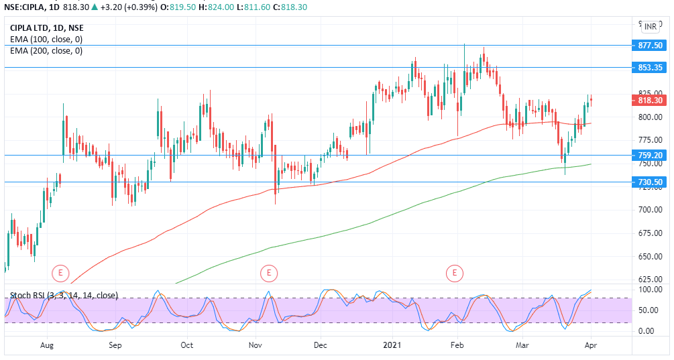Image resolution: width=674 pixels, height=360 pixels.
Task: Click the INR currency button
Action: coord(651,27)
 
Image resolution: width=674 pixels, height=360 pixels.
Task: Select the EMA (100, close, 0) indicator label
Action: coord(46,40)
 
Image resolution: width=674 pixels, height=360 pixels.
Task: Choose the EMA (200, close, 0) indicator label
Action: coord(46,51)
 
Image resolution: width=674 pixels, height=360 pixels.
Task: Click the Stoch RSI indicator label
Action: coord(64,295)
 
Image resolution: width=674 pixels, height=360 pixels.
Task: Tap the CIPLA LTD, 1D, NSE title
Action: coord(47,28)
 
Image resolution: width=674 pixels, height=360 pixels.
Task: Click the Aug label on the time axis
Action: coord(47,346)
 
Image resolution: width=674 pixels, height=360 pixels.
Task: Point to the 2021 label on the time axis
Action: coord(391,346)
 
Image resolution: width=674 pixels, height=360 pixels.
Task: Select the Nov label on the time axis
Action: coord(255,346)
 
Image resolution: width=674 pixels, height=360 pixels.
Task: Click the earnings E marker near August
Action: coord(61,273)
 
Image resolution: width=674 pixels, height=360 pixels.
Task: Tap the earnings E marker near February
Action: coord(456,273)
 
